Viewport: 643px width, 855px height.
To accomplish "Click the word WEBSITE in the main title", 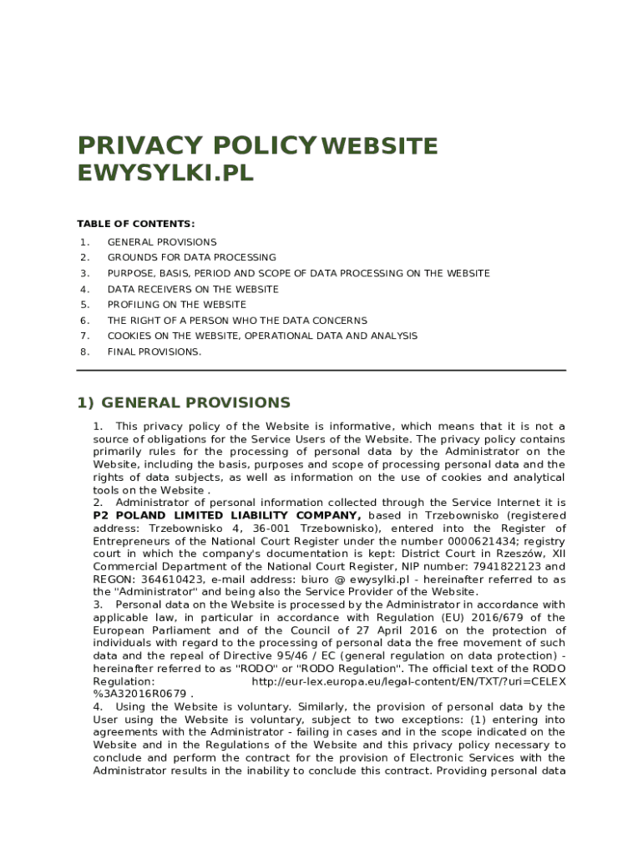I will click(x=379, y=147).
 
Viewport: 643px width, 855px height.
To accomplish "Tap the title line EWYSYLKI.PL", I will click(x=165, y=174).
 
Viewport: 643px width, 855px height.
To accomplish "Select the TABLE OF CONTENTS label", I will click(x=136, y=224).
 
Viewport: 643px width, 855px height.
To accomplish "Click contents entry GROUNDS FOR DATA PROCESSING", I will click(x=191, y=257).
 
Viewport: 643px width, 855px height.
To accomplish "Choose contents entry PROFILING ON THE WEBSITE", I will click(x=176, y=305).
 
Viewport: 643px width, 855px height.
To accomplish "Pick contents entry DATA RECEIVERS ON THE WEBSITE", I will click(x=193, y=289).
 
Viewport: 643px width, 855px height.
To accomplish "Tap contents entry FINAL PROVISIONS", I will click(x=154, y=352).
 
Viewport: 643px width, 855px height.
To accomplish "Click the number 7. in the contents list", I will click(x=84, y=336).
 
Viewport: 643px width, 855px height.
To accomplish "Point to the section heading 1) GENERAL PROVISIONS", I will click(x=184, y=402).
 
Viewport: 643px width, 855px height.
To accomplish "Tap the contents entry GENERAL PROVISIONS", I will click(x=161, y=242).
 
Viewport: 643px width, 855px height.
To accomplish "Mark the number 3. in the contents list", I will click(x=84, y=273).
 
